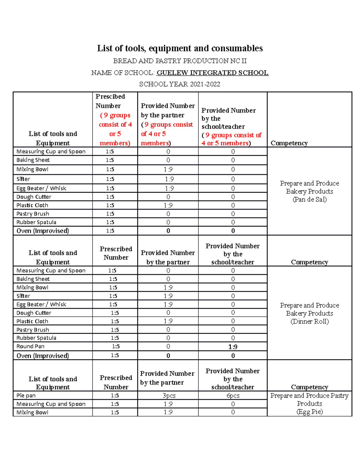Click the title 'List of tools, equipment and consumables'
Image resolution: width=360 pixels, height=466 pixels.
point(180,48)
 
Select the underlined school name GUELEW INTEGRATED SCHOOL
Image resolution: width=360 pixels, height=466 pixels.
point(212,73)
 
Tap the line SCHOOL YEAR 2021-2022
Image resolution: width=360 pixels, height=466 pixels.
point(180,84)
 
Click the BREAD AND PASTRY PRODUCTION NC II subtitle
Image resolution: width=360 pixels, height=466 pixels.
point(180,61)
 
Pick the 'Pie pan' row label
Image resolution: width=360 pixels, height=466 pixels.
point(26,395)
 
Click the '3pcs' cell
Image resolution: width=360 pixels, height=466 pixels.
point(169,395)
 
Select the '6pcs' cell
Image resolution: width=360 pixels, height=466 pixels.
point(233,395)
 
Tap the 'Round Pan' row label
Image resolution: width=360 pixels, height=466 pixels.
point(30,346)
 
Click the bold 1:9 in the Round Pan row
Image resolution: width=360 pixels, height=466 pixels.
point(233,347)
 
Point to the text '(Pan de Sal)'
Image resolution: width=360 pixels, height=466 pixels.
point(310,200)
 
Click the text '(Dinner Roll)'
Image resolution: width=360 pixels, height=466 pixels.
point(310,321)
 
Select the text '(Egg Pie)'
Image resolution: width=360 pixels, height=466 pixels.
point(310,412)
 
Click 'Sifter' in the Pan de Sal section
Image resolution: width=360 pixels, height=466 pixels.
point(23,179)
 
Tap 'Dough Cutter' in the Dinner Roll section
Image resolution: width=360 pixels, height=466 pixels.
point(34,313)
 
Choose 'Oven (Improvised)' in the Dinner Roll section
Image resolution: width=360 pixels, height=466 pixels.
point(43,356)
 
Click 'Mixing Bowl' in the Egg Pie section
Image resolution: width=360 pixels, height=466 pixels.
point(32,412)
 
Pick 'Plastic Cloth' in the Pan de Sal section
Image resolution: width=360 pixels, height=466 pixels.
point(32,205)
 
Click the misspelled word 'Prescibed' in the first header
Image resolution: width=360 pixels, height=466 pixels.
point(110,97)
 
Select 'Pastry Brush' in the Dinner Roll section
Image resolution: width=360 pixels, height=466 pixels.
point(33,330)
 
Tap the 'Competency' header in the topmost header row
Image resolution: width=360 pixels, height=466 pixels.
point(289,143)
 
